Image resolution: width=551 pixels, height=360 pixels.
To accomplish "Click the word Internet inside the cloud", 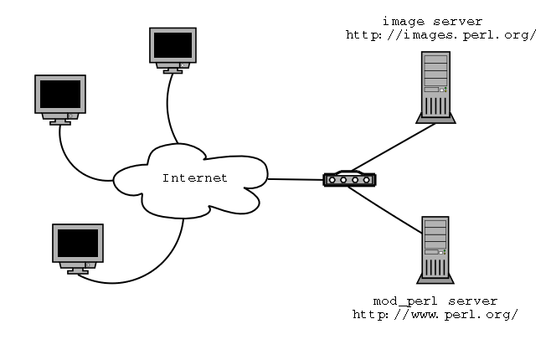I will (x=194, y=178).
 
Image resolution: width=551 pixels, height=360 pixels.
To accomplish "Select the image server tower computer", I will (x=435, y=86).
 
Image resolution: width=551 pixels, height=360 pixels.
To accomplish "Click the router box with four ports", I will (x=349, y=179).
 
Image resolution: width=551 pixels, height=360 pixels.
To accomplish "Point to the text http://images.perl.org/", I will (x=440, y=35).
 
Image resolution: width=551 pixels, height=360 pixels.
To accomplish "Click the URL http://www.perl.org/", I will (x=435, y=314).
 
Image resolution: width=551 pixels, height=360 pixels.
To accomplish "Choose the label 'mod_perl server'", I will (x=435, y=300).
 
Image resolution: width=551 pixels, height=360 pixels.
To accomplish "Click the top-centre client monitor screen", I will (x=173, y=44).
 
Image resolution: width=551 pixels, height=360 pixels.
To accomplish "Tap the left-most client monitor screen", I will (x=59, y=94).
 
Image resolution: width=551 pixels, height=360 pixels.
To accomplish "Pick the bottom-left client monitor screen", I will (x=78, y=243).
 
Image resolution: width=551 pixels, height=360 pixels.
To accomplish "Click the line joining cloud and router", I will (x=295, y=179).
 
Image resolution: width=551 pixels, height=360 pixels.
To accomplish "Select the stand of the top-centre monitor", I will (x=173, y=69).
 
